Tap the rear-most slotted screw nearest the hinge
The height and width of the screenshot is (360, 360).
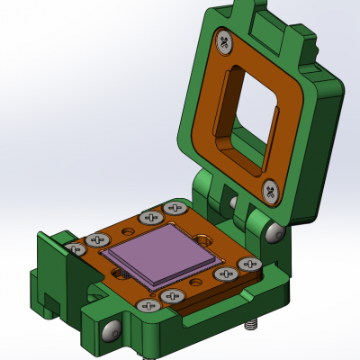tap(174, 208)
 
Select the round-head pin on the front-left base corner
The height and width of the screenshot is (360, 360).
tap(110, 331)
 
